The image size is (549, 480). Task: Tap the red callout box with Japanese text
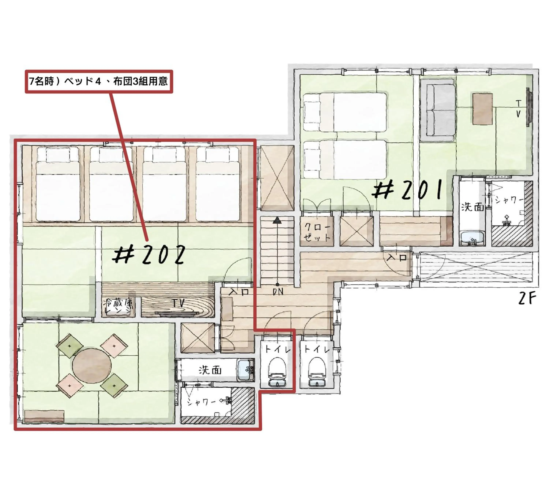point(99,81)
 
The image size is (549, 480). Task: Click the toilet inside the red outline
point(277,372)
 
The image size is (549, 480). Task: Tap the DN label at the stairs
point(278,292)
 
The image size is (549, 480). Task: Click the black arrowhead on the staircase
point(277,220)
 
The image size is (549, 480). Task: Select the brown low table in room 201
point(482,109)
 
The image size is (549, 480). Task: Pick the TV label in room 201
point(518,108)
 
